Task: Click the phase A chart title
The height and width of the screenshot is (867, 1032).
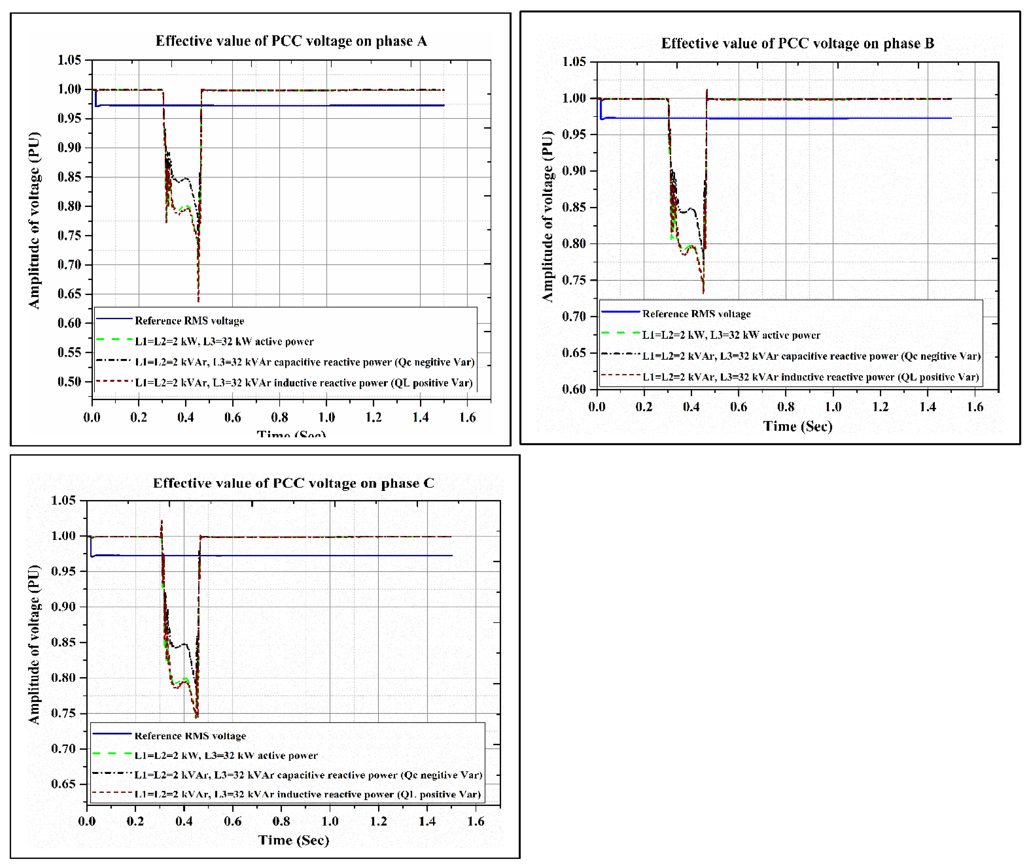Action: (x=291, y=41)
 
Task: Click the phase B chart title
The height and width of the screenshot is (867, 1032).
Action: (x=797, y=43)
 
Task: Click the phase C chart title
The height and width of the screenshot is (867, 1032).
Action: (x=293, y=483)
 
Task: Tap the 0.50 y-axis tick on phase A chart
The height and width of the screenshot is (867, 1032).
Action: (x=69, y=382)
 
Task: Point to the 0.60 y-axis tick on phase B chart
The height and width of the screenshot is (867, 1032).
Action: (x=574, y=389)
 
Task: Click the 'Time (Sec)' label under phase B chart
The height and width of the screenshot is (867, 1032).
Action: (x=797, y=426)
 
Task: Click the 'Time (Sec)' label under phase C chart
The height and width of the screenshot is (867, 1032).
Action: (x=294, y=840)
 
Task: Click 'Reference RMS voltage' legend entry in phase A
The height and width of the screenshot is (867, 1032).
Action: (x=189, y=321)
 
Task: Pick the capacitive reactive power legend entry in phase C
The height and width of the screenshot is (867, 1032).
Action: (x=308, y=775)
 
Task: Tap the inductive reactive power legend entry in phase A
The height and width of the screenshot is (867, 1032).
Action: (x=304, y=383)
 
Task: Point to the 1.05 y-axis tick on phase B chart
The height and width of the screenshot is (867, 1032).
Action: (x=574, y=62)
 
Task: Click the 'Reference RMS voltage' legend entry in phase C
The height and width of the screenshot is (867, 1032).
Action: (x=190, y=736)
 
